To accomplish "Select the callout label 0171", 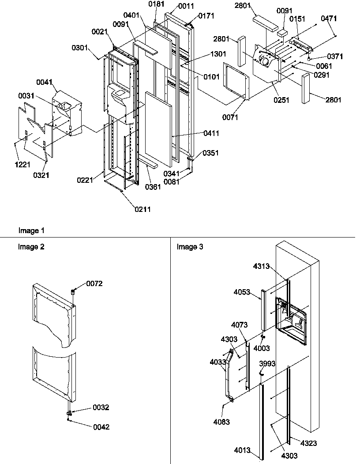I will coord(206,16).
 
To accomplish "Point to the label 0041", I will coord(45,82).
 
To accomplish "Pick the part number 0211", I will coord(142,209).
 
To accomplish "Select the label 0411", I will coord(211,133).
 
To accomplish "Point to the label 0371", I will coord(335,57).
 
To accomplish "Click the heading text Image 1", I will coord(31,230).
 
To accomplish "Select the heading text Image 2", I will coord(31,247).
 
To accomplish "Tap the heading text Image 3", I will coord(190,247).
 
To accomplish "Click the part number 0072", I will coord(94,283).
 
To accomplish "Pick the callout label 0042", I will coord(101,427).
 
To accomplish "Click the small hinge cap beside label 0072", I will coord(74,291).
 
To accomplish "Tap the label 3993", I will coord(266,364).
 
